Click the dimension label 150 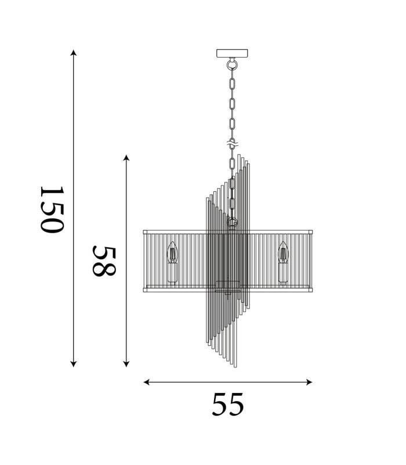tap(52, 210)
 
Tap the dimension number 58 tap(104, 261)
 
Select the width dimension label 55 tap(228, 404)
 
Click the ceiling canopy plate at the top tap(233, 53)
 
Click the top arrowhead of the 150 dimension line tap(74, 52)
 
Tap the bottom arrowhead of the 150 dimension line tap(74, 364)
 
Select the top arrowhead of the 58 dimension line tap(126, 158)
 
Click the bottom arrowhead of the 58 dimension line tap(126, 364)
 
